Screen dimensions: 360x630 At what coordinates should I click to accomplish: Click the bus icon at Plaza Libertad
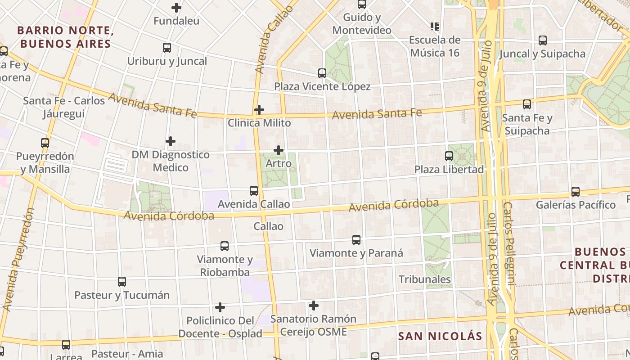coord(449,156)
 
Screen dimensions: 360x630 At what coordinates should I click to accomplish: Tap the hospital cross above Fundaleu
coord(176,8)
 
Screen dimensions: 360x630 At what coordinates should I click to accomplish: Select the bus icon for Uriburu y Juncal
coord(167,48)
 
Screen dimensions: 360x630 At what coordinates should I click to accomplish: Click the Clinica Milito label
coord(259,123)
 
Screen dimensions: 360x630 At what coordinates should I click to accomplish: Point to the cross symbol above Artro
coord(279,150)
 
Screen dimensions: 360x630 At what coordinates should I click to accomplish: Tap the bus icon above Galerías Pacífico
coord(576,192)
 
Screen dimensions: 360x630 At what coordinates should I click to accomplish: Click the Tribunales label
coord(425,279)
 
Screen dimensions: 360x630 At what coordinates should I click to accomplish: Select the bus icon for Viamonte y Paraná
coord(356,240)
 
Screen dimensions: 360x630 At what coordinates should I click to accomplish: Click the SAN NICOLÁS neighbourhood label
coord(441,336)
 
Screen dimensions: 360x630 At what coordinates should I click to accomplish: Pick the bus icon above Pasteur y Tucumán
coord(122,282)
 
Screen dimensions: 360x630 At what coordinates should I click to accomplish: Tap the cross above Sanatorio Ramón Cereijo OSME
coord(314,306)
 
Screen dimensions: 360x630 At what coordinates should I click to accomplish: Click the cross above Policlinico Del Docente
coord(220,307)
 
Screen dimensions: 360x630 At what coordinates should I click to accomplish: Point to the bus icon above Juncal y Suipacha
coord(543,40)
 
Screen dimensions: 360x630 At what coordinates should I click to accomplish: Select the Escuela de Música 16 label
coord(434,46)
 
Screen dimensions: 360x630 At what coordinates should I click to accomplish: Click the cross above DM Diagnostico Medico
coord(171,141)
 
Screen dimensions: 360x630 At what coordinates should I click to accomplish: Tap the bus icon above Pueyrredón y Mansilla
coord(45,143)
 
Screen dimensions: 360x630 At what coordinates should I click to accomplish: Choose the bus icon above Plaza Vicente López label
coord(322,73)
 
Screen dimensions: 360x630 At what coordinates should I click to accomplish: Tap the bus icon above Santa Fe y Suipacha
coord(527,104)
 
